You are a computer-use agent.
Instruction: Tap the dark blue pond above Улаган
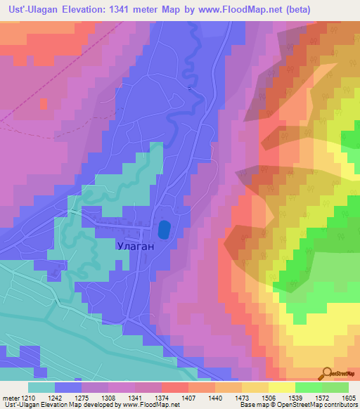point(164,229)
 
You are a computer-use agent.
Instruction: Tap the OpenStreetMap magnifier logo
point(328,374)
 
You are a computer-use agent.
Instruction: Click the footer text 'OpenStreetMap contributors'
point(320,405)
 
